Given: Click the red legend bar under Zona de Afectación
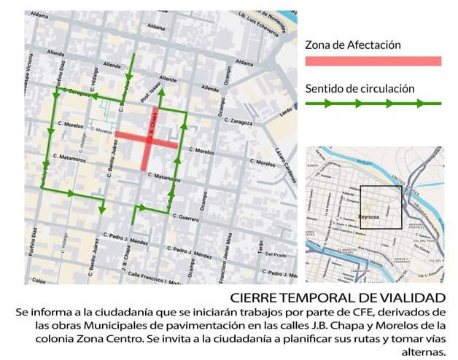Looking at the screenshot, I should pyautogui.click(x=373, y=60).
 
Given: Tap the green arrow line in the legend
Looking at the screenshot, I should pyautogui.click(x=373, y=103).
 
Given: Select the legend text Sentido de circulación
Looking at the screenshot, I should pyautogui.click(x=360, y=89).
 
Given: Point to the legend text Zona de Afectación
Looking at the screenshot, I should pyautogui.click(x=353, y=44).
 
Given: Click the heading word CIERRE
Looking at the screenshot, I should pyautogui.click(x=252, y=297).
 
